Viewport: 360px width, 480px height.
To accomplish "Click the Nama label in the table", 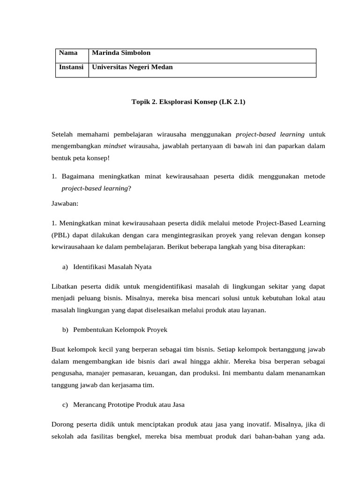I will [68, 53].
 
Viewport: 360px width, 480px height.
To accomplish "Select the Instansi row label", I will [71, 67].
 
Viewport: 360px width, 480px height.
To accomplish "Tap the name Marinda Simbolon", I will [121, 53].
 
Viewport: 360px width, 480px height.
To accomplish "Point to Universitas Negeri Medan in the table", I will [132, 67].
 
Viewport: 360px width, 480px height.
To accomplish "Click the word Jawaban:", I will [66, 204].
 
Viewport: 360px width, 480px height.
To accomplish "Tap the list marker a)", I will [65, 267].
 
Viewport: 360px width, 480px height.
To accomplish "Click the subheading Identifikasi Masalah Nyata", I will [112, 267].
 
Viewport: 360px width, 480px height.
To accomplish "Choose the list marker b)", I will [65, 330].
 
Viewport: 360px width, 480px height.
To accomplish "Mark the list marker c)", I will [65, 405].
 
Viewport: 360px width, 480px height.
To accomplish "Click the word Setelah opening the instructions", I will [63, 135].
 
